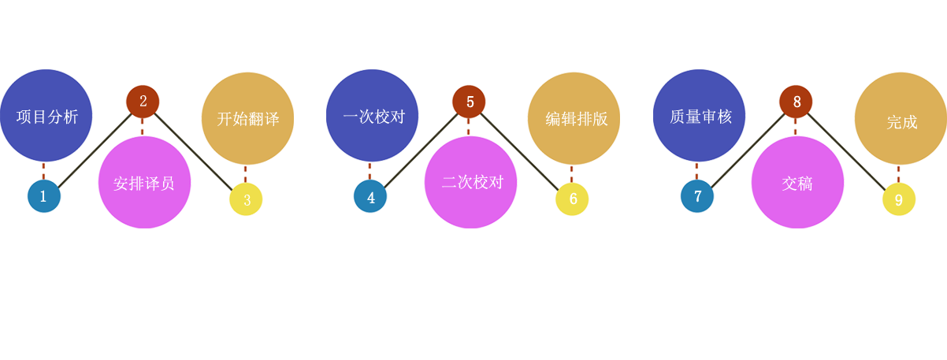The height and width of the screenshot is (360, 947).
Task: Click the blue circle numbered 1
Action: point(44,196)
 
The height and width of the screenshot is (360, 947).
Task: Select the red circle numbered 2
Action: point(143,102)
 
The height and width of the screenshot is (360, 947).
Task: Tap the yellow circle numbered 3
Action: point(246,199)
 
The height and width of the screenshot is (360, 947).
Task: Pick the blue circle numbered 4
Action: point(370,196)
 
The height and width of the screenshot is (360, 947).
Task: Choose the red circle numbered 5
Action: point(469,102)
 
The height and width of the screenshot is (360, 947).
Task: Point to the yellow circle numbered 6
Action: point(572,199)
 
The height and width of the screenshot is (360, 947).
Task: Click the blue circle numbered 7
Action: point(697,196)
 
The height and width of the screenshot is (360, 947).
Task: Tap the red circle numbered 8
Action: point(796,102)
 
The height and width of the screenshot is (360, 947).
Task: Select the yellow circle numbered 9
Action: point(899,199)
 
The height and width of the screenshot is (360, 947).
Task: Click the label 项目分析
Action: point(47,117)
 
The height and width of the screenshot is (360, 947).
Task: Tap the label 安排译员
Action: point(143,184)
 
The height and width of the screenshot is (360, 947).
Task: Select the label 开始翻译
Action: point(248,119)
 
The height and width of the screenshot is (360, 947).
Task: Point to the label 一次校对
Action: point(374,117)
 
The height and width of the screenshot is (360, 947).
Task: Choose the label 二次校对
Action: point(473,182)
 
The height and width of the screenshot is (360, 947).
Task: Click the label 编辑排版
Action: point(577,119)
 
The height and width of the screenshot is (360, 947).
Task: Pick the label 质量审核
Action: point(701,117)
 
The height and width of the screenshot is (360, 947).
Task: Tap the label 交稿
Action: point(797,184)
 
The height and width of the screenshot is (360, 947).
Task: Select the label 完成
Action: point(902,122)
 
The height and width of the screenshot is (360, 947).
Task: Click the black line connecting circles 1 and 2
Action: point(95,150)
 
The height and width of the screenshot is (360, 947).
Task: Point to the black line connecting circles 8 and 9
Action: point(846,151)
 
